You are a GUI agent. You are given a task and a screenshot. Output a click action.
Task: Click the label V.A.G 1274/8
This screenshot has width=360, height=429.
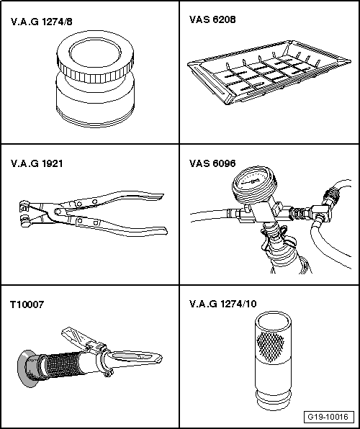(41, 22)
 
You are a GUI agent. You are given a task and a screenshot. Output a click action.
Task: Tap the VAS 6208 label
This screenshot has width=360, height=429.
(212, 19)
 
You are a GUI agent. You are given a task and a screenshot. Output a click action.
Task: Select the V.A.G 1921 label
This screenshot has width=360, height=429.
(37, 163)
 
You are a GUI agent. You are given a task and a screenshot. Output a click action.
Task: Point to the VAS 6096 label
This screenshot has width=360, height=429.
(212, 163)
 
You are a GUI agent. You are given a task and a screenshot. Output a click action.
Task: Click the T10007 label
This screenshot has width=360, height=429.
(27, 304)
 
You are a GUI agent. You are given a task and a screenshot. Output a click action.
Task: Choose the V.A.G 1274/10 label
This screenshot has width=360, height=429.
(223, 304)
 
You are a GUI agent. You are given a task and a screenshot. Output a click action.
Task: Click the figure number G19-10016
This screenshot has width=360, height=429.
(328, 417)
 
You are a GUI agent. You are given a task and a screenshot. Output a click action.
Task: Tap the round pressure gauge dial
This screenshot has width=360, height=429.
(251, 181)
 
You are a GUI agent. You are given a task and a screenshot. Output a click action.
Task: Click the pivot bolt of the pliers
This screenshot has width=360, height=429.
(57, 212)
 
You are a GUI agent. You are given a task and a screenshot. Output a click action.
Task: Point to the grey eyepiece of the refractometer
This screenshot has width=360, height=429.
(27, 369)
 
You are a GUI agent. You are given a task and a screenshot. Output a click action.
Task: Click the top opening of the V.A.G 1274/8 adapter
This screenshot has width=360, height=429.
(95, 53)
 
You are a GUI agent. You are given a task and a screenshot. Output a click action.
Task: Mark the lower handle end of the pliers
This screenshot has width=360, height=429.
(161, 231)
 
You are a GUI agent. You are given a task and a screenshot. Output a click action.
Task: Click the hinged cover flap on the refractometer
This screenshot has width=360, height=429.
(74, 337)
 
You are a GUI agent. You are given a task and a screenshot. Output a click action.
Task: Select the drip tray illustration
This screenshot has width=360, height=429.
(269, 72)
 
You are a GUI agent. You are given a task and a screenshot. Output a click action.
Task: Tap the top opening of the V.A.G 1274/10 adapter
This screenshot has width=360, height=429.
(273, 320)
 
